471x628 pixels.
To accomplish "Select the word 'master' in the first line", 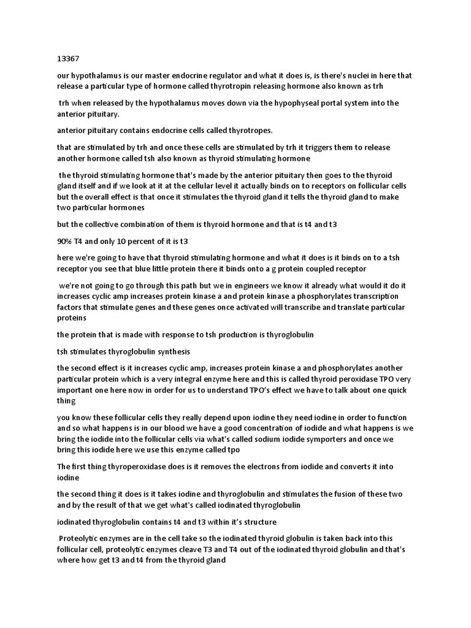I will (153, 75).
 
